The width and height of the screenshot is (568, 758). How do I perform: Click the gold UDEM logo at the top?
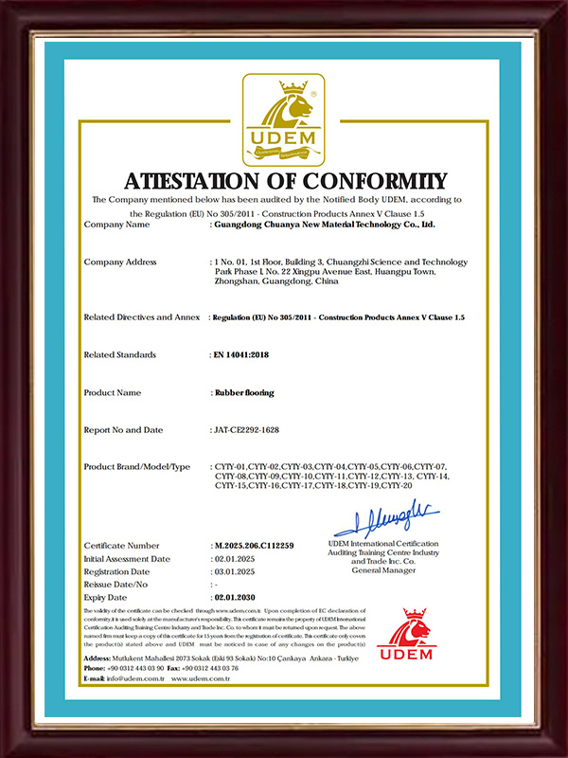coord(284,120)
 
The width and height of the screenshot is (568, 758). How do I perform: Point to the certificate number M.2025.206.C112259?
coord(256,547)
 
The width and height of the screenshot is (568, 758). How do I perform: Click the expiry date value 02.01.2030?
coord(237,598)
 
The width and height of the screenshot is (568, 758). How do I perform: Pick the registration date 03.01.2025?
coord(235,572)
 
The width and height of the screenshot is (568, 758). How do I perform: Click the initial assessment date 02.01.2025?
coord(235,559)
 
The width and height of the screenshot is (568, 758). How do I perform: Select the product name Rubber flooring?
coord(244,391)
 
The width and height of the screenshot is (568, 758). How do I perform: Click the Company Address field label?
coord(120,262)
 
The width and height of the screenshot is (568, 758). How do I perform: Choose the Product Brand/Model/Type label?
coord(137,467)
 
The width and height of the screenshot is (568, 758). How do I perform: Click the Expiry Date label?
coord(105,598)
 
